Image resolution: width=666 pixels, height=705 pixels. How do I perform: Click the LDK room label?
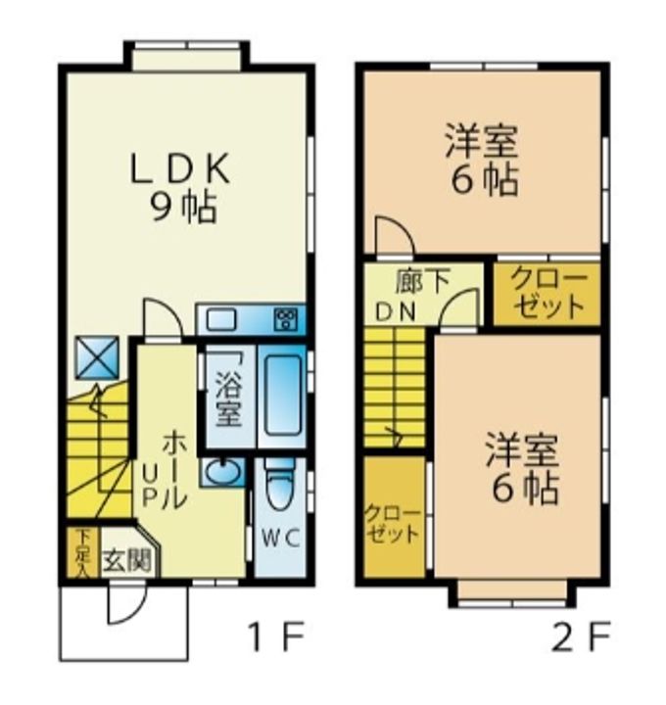pos(180,168)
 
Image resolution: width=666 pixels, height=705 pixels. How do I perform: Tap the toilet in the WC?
pos(280,485)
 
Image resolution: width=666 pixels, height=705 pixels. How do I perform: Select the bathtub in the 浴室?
pos(282,396)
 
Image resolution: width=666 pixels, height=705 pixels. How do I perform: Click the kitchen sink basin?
pos(221,320)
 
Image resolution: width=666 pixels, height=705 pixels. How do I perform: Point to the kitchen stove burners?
pos(287,319)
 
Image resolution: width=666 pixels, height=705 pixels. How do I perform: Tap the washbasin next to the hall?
pos(222,472)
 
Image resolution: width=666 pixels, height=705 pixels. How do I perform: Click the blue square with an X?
pos(97,357)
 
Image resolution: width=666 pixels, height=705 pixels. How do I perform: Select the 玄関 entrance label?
pos(126,560)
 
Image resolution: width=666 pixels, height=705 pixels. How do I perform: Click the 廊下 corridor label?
pos(423,282)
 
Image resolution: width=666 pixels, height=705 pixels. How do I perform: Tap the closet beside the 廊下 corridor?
pos(547,294)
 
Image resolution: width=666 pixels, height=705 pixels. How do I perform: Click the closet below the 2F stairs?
pos(395,517)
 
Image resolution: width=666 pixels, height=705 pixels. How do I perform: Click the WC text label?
pos(281,539)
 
